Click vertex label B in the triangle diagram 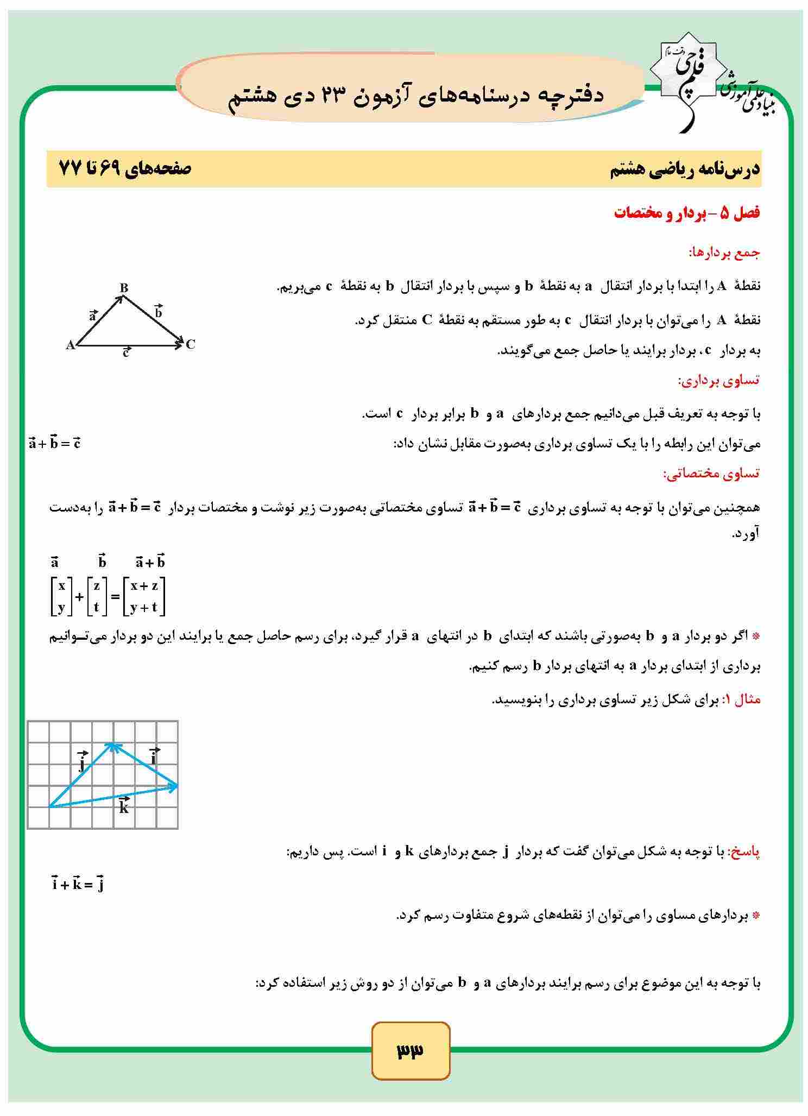[x=124, y=287]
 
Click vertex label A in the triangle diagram [x=70, y=345]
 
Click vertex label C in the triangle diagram [x=190, y=344]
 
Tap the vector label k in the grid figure [x=124, y=806]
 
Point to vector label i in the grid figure [x=154, y=757]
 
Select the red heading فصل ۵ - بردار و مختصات [x=687, y=213]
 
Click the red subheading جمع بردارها [x=724, y=253]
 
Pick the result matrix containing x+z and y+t [x=144, y=596]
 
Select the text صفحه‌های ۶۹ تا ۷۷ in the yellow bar [x=125, y=169]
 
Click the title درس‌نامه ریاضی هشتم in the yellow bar [x=685, y=169]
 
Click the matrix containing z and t [x=97, y=596]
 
